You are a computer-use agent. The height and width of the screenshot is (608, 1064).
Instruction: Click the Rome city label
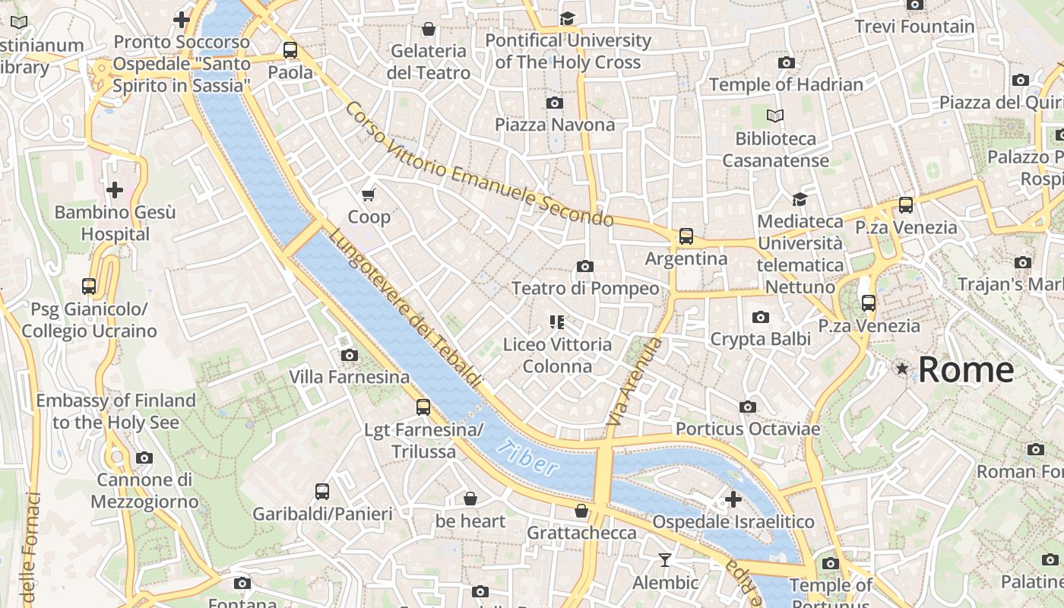(x=965, y=370)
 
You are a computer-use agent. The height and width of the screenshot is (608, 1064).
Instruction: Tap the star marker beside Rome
(x=902, y=369)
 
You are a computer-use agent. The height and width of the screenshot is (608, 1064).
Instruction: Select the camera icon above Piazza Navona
(x=555, y=103)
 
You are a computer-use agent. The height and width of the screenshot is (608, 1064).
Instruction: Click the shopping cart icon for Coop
(x=369, y=195)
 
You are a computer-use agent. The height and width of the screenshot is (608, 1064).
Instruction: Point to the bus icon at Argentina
(x=686, y=236)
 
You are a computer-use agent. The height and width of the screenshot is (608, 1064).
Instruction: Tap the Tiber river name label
(x=529, y=457)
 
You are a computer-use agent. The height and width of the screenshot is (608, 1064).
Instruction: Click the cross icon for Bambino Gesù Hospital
(x=115, y=189)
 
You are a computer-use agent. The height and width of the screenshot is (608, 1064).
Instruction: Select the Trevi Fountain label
(x=914, y=27)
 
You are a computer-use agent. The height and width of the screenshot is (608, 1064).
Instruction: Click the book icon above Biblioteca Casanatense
(x=775, y=116)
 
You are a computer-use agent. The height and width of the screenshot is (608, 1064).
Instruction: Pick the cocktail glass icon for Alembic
(x=665, y=561)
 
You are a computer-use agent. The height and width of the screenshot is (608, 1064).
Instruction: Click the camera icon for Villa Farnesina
(x=350, y=355)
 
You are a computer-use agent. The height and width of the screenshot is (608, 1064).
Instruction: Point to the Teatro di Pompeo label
(x=585, y=289)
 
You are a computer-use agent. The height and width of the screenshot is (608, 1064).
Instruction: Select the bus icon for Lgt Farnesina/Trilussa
(x=423, y=407)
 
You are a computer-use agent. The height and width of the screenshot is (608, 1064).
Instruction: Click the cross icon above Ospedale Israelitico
(x=733, y=499)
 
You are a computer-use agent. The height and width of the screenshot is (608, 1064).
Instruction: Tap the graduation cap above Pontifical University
(x=568, y=18)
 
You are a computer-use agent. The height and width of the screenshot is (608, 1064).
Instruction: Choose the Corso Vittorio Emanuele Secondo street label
(x=479, y=164)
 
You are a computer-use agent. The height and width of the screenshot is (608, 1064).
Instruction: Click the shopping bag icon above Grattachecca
(x=581, y=511)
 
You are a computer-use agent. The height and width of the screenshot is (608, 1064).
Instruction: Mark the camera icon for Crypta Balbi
(x=760, y=318)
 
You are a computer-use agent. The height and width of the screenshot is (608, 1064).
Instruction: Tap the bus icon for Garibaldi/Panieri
(x=322, y=492)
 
